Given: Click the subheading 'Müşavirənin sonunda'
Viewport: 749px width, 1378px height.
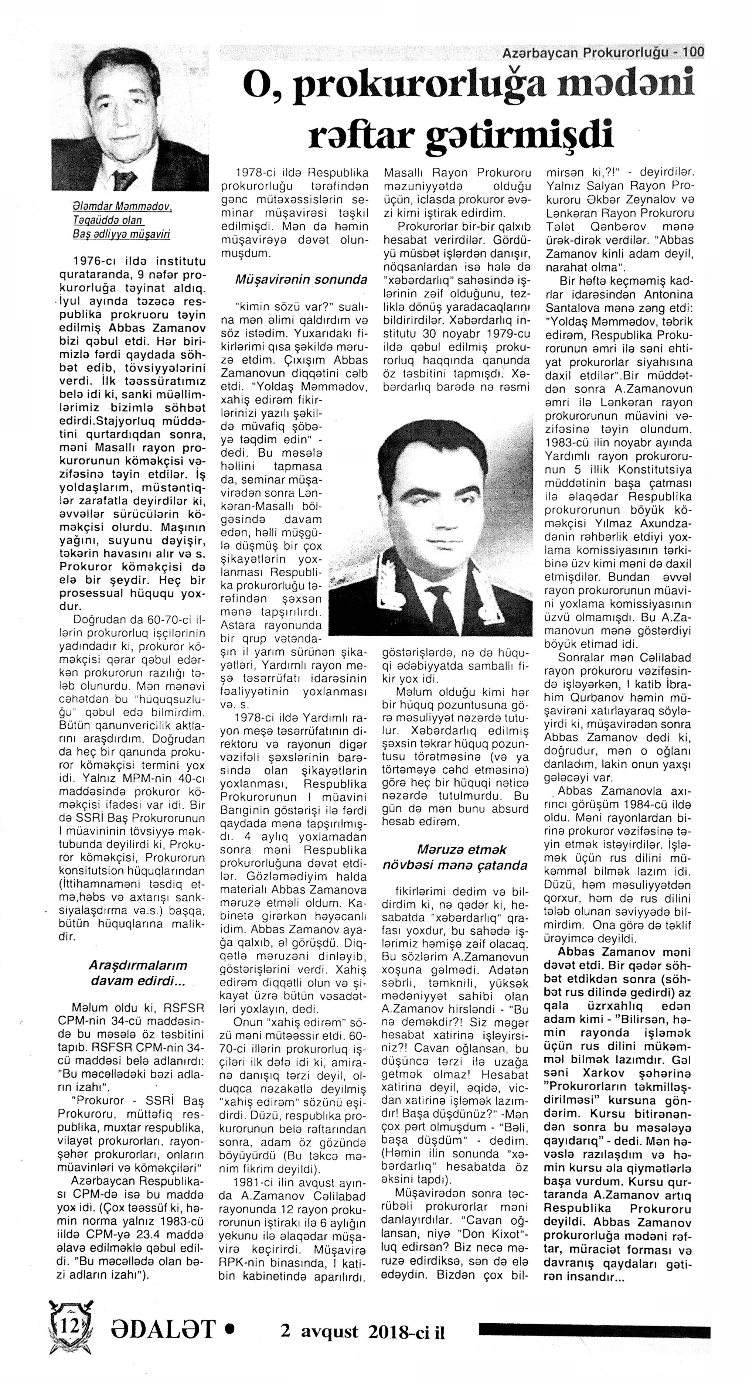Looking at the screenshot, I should (x=301, y=279).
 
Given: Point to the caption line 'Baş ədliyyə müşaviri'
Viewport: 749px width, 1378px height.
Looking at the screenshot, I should (x=122, y=234).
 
